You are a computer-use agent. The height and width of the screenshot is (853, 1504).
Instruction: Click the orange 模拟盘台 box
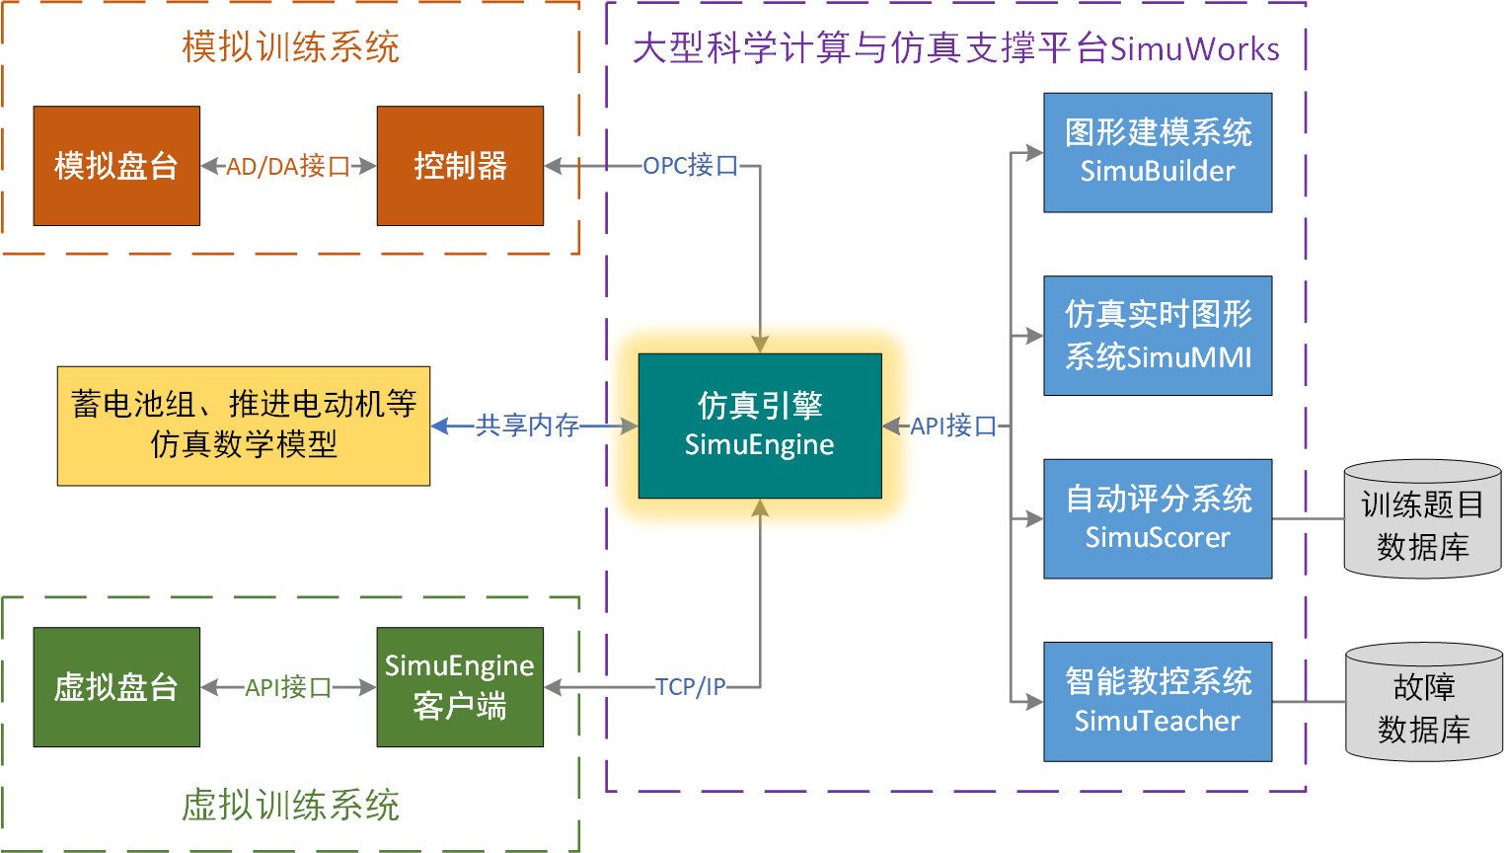pyautogui.click(x=116, y=166)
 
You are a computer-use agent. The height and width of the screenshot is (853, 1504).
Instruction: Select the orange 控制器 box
pyautogui.click(x=460, y=166)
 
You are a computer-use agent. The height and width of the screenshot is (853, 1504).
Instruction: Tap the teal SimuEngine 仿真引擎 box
pyautogui.click(x=760, y=426)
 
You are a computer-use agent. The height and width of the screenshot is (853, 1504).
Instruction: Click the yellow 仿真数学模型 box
pyautogui.click(x=244, y=426)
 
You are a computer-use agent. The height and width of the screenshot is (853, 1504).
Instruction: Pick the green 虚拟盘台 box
pyautogui.click(x=116, y=687)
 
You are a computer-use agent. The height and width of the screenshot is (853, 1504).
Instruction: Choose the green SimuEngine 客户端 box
pyautogui.click(x=460, y=687)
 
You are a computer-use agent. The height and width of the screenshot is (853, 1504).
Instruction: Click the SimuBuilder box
pyautogui.click(x=1158, y=152)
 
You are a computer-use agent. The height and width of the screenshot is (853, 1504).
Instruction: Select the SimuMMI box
pyautogui.click(x=1158, y=336)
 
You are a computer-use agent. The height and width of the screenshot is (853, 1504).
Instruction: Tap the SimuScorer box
pyautogui.click(x=1158, y=518)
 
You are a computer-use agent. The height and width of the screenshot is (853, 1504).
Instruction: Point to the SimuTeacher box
pyautogui.click(x=1158, y=702)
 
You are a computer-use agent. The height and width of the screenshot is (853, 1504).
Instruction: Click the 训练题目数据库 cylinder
pyautogui.click(x=1422, y=521)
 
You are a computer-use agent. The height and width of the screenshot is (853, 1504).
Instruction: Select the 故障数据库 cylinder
pyautogui.click(x=1423, y=705)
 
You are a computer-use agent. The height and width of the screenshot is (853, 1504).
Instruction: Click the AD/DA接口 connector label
pyautogui.click(x=288, y=166)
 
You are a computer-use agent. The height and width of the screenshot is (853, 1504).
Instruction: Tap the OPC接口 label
pyautogui.click(x=691, y=166)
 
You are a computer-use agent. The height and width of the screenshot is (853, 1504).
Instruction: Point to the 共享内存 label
pyautogui.click(x=527, y=426)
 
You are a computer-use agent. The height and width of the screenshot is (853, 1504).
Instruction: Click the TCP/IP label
pyautogui.click(x=691, y=686)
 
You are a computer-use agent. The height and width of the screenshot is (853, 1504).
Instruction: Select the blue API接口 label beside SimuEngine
pyautogui.click(x=953, y=426)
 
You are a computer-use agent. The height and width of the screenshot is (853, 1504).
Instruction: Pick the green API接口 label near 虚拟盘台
pyautogui.click(x=288, y=687)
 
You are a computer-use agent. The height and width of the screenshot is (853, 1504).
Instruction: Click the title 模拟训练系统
pyautogui.click(x=290, y=47)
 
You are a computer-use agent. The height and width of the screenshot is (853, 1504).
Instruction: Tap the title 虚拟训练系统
pyautogui.click(x=290, y=806)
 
